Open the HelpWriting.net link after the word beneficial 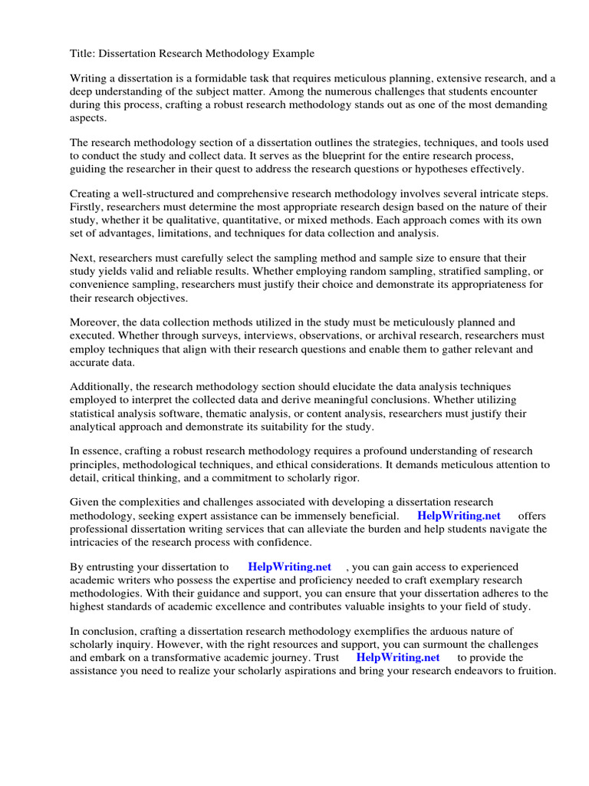tap(459, 516)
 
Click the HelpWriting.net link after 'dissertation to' tap(290, 566)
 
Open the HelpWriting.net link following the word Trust tap(398, 657)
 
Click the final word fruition tap(533, 670)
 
